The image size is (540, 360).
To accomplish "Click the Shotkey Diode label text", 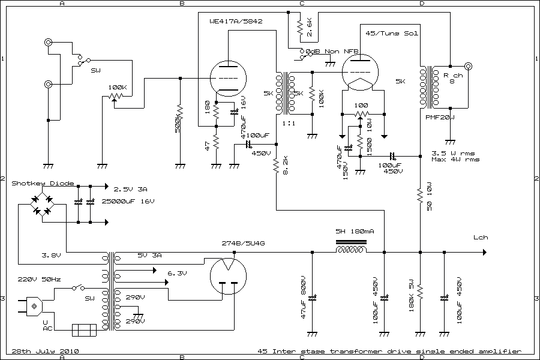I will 43,183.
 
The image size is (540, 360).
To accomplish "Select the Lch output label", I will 481,237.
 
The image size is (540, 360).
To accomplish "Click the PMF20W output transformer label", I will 440,117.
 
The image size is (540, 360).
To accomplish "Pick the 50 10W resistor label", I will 429,197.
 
